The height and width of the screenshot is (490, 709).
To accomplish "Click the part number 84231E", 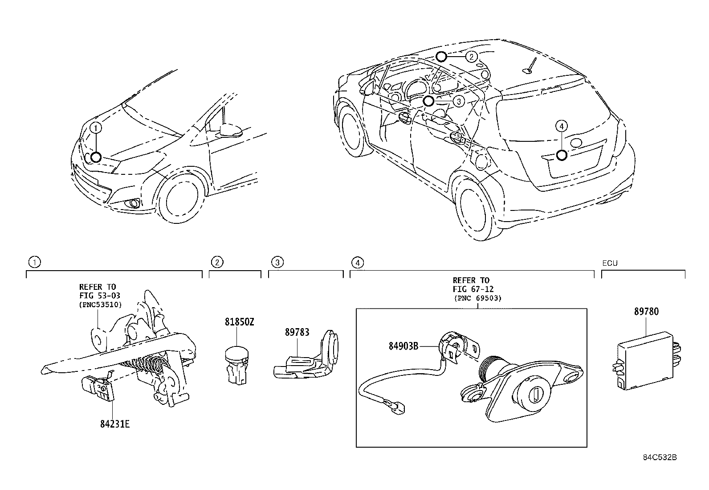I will click(x=114, y=424).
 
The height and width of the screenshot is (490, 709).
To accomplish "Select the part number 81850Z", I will click(x=239, y=322).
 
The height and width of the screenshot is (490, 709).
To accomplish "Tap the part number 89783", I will click(x=297, y=332).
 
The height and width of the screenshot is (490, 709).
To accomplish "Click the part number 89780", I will click(x=646, y=312).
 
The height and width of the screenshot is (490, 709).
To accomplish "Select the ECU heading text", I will click(x=610, y=263).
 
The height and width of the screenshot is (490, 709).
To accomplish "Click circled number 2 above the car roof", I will click(x=471, y=56).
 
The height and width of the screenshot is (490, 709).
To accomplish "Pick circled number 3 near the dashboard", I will click(x=459, y=101).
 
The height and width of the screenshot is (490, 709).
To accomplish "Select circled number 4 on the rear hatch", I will click(x=562, y=127).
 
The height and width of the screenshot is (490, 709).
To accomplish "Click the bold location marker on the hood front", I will click(x=96, y=157).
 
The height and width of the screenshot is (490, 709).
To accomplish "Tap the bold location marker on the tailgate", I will click(x=562, y=155).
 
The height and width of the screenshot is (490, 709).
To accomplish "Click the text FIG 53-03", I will click(x=99, y=295).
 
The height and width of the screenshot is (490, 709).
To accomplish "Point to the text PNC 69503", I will click(x=477, y=298).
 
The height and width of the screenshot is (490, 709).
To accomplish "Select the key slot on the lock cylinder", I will click(x=536, y=395).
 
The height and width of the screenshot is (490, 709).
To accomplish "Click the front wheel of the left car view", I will click(x=180, y=196).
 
